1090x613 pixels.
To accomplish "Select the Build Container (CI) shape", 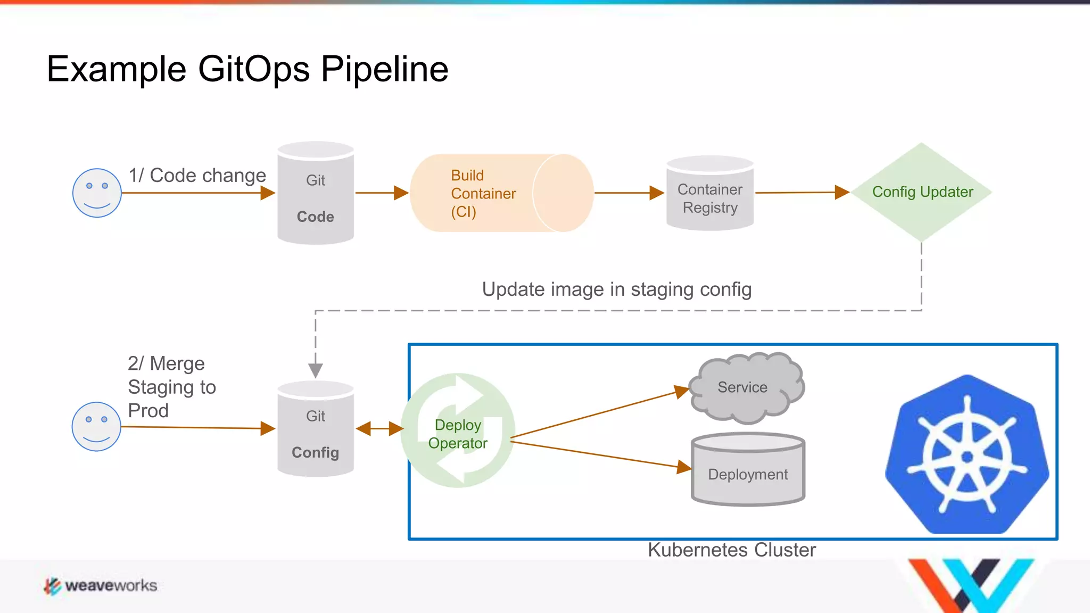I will click(500, 193).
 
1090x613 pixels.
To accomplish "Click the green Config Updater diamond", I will click(921, 192).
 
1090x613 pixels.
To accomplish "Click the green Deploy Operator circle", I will click(458, 431).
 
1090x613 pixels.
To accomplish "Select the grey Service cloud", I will click(745, 387).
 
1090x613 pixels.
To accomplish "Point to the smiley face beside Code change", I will click(97, 193).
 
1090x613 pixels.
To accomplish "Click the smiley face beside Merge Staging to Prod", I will click(96, 427).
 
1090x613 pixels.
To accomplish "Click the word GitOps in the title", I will click(254, 69).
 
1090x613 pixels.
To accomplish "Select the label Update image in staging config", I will click(616, 289).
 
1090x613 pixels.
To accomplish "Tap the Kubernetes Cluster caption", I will click(731, 550).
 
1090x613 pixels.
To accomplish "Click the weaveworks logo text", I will click(111, 585).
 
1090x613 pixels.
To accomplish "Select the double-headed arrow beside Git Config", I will click(379, 428).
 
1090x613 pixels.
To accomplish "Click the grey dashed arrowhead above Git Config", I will click(316, 370).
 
